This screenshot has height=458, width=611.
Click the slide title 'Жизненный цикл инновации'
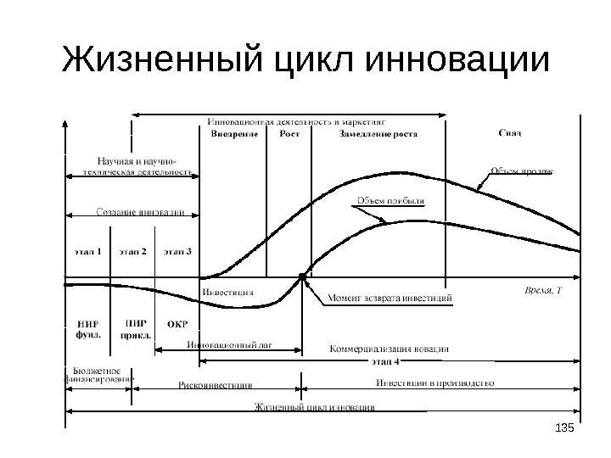coord(305,64)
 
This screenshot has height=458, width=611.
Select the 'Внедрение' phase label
coord(235,134)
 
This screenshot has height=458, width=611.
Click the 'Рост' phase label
coord(289,134)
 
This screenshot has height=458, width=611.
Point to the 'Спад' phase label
coord(509,133)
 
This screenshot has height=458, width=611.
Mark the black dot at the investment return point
coord(302,276)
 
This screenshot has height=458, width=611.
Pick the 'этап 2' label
coord(132,251)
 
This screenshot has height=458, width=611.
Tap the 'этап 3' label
coord(177,251)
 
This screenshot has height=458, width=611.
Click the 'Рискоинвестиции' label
coord(216,384)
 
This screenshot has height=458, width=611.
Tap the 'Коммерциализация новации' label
coord(389,349)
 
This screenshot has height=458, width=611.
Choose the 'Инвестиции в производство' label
coord(435,383)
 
